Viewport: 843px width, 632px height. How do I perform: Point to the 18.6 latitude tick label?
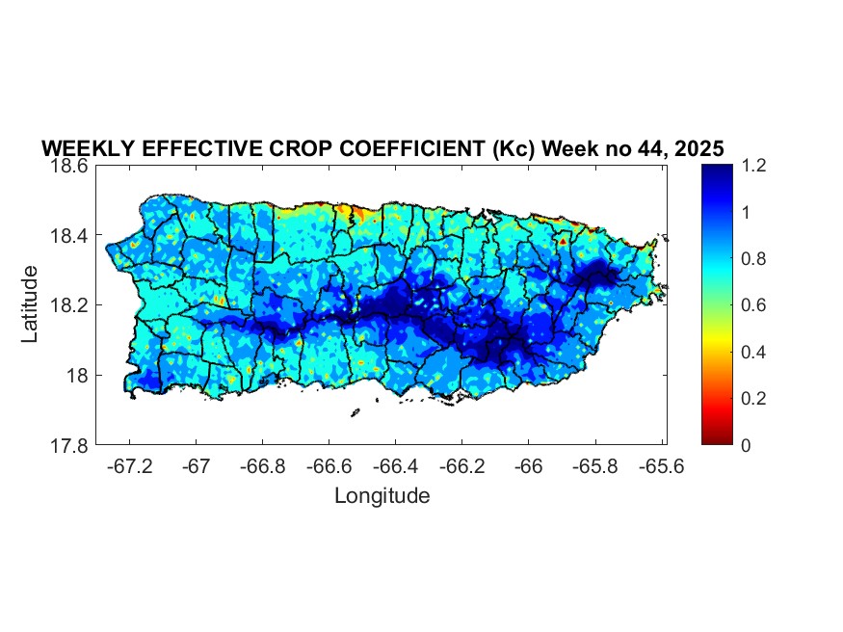[70, 166]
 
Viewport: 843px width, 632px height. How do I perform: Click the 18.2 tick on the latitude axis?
[70, 305]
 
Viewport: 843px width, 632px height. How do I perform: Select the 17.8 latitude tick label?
[70, 445]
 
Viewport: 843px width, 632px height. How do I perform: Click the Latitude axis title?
[31, 304]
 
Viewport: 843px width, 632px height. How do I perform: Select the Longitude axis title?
[382, 496]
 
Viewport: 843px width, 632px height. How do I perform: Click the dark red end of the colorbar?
[717, 439]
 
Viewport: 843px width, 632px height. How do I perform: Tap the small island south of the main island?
[355, 412]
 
